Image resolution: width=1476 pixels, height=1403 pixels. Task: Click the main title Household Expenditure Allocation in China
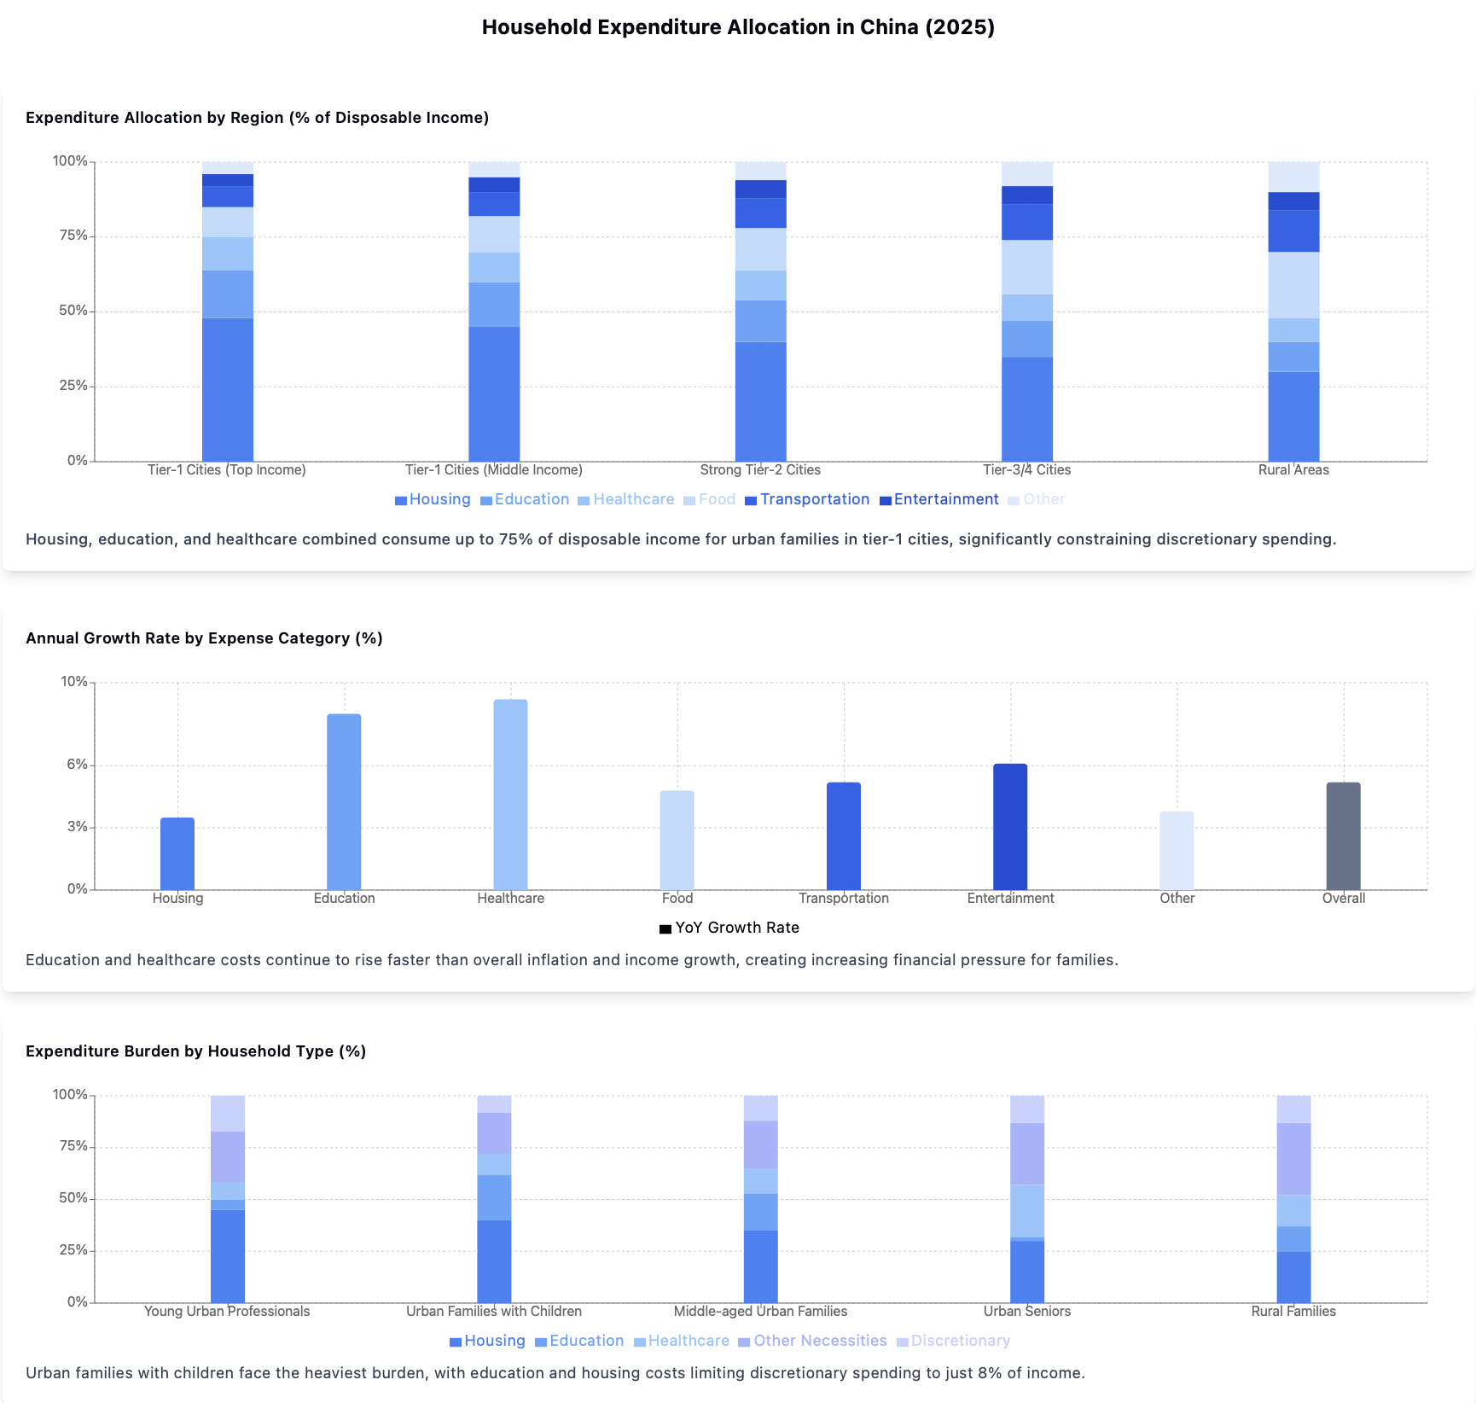click(738, 27)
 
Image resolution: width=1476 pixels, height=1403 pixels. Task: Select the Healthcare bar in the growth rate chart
click(510, 794)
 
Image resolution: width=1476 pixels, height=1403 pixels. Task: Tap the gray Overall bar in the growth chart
click(1343, 835)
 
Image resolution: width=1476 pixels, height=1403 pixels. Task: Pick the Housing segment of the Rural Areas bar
click(1293, 416)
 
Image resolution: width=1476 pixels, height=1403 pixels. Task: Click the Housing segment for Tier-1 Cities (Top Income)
click(228, 389)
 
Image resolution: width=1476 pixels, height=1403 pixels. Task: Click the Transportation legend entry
click(807, 499)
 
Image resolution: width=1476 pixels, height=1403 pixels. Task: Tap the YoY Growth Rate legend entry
click(729, 928)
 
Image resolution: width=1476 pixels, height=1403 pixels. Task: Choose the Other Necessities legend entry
click(812, 1341)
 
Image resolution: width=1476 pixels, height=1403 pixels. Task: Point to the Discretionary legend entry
click(953, 1341)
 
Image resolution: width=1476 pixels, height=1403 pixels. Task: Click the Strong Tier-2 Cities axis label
click(760, 470)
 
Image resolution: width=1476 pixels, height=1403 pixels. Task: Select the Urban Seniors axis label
click(1026, 1312)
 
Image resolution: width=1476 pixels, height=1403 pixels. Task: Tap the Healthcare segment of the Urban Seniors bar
click(1026, 1211)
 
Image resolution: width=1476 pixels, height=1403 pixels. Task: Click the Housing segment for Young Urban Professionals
click(228, 1255)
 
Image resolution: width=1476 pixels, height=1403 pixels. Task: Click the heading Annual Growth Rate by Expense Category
click(204, 638)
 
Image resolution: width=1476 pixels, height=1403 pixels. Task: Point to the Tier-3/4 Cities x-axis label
click(1026, 470)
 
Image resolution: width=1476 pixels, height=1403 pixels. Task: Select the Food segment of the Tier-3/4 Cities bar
click(1026, 267)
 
